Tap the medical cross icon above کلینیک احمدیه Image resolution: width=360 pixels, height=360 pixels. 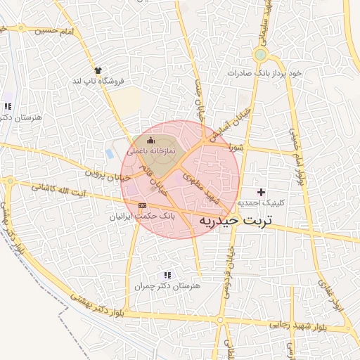click(x=262, y=192)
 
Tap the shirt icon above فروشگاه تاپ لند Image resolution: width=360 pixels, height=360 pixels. click(x=98, y=71)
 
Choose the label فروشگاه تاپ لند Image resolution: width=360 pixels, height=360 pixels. click(x=98, y=82)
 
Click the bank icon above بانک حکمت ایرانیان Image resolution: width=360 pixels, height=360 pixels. click(x=143, y=205)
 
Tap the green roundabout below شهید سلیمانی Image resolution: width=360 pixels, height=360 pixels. click(x=261, y=54)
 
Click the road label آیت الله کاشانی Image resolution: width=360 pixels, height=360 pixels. click(x=60, y=190)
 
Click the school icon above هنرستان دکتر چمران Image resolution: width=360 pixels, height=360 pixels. click(x=167, y=275)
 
